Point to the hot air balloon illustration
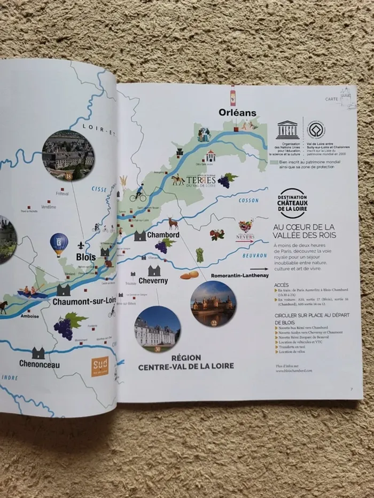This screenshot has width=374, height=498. pyautogui.click(x=59, y=244)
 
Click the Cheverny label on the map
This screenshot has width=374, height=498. pyautogui.click(x=153, y=280)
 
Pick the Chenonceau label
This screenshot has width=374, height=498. pyautogui.click(x=40, y=365)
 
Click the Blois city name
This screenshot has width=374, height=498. pyautogui.click(x=86, y=257)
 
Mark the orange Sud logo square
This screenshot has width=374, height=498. pyautogui.click(x=100, y=366)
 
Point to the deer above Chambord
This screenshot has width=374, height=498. pyautogui.click(x=173, y=223)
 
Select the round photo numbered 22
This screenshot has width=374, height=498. pyautogui.click(x=213, y=303)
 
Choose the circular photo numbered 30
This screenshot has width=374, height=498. pyautogui.click(x=157, y=329)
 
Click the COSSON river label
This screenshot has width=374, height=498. pyautogui.click(x=248, y=201)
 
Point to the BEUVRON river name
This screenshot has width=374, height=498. pyautogui.click(x=254, y=256)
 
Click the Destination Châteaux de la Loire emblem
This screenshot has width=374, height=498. pyautogui.click(x=293, y=203)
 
